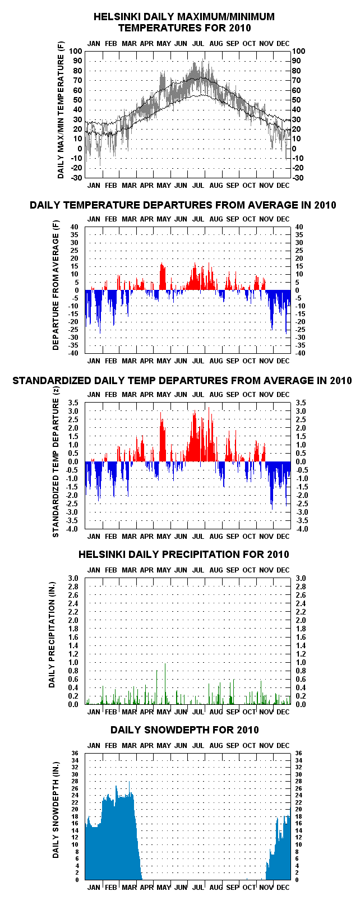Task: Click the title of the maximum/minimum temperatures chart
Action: pyautogui.click(x=184, y=22)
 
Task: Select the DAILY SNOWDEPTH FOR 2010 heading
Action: pyautogui.click(x=184, y=729)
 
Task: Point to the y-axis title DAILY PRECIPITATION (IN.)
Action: pyautogui.click(x=52, y=635)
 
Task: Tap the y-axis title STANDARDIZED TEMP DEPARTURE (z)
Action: pyautogui.click(x=56, y=468)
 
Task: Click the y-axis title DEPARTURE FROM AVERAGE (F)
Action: pyautogui.click(x=56, y=285)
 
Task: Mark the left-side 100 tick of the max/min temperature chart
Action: pyautogui.click(x=76, y=51)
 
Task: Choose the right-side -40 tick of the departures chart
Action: pyautogui.click(x=299, y=353)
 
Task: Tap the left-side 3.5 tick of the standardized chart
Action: pyautogui.click(x=73, y=403)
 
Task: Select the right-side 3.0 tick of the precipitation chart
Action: pyautogui.click(x=301, y=578)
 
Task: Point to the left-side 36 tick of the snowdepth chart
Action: pyautogui.click(x=75, y=753)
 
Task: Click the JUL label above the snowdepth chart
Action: pyautogui.click(x=198, y=745)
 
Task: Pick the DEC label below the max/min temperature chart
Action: pyautogui.click(x=283, y=186)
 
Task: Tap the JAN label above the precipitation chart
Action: pyautogui.click(x=94, y=570)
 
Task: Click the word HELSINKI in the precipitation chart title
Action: pyautogui.click(x=97, y=555)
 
